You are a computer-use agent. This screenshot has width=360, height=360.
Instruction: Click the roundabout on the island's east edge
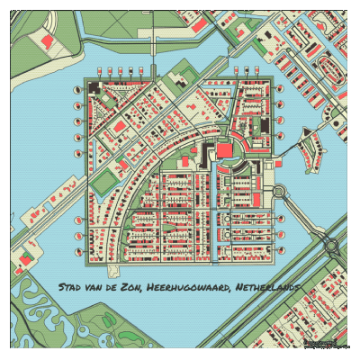[x=277, y=192]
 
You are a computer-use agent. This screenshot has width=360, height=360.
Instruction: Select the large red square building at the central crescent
[x=222, y=149]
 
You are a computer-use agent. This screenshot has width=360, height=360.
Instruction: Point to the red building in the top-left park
[x=41, y=40]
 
